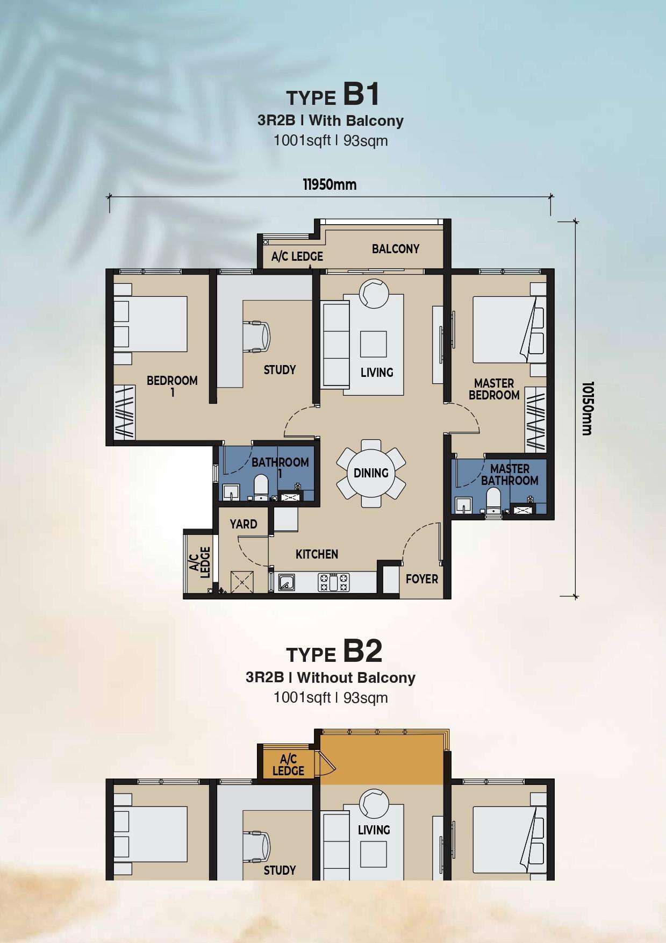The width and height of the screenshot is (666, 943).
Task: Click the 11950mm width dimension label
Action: click(x=330, y=185)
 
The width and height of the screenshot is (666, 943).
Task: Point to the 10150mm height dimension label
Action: click(x=588, y=409)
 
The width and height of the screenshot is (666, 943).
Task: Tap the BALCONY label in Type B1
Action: click(x=396, y=249)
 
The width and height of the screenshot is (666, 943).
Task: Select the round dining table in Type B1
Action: click(x=371, y=473)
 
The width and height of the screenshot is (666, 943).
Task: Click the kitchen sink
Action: click(x=286, y=582)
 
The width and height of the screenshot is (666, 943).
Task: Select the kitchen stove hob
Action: click(x=334, y=582)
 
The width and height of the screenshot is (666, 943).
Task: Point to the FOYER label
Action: click(x=422, y=579)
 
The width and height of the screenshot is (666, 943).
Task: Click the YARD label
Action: click(x=244, y=524)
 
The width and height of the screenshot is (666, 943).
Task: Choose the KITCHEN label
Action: click(x=317, y=554)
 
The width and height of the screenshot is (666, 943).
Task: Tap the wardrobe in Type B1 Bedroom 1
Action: click(x=125, y=412)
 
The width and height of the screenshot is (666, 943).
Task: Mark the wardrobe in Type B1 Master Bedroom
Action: click(x=536, y=419)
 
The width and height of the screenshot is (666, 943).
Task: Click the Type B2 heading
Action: click(x=334, y=652)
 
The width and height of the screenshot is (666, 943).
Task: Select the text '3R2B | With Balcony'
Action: click(x=331, y=120)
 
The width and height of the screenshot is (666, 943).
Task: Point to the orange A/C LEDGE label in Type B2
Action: click(x=289, y=765)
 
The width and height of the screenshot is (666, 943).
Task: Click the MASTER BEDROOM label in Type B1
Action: click(x=494, y=389)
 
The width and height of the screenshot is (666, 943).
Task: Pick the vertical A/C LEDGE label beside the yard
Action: click(x=199, y=562)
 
